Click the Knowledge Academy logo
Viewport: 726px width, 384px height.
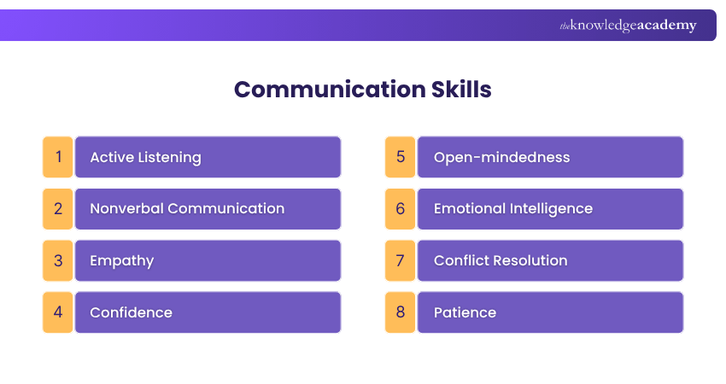[628, 26]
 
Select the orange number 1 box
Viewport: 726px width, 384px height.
[58, 157]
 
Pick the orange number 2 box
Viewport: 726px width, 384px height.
[58, 209]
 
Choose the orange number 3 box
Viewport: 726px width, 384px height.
[58, 260]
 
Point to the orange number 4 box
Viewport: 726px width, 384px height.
[58, 312]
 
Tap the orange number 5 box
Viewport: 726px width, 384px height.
[400, 157]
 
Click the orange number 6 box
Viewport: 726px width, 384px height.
[400, 209]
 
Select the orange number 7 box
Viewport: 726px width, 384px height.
[400, 260]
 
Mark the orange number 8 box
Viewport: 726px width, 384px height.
[400, 312]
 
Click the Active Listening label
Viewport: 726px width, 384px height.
[145, 157]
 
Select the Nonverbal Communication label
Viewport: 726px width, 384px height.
[187, 209]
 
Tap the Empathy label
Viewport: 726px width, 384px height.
[121, 261]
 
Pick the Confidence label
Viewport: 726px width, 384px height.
[131, 312]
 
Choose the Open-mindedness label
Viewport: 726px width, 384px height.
[501, 157]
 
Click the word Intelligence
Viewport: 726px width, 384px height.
[551, 209]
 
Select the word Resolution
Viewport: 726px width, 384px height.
[530, 260]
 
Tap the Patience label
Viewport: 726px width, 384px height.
[465, 312]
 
